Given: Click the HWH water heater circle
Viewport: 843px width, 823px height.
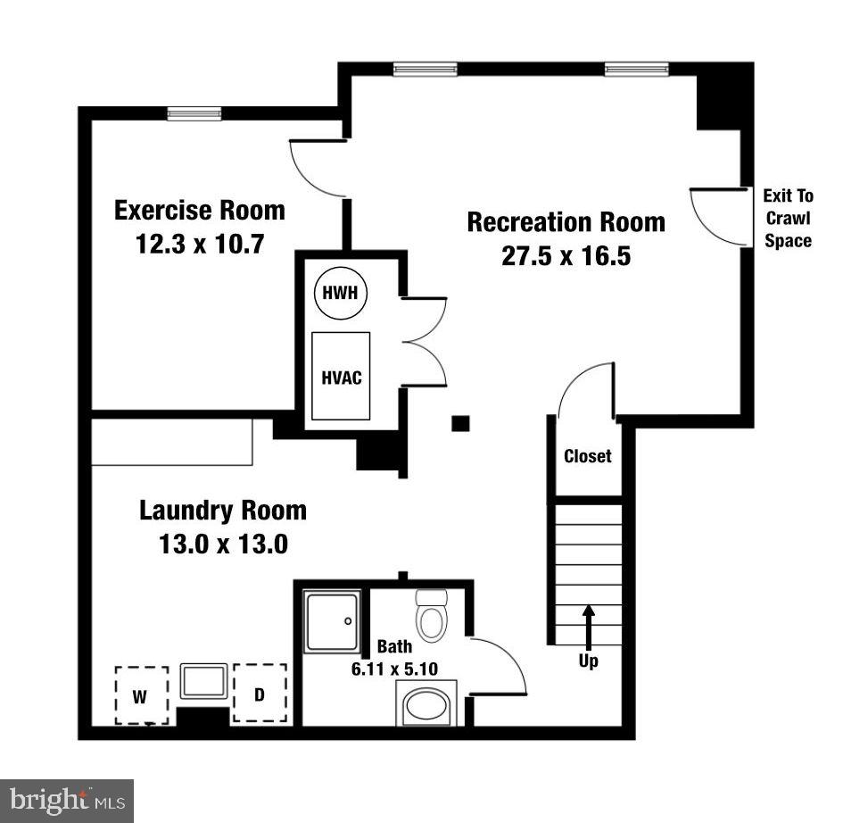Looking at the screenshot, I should click(x=342, y=292).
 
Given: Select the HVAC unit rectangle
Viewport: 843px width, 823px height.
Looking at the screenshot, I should click(x=341, y=376).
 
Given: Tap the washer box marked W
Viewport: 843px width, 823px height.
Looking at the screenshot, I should click(x=141, y=695).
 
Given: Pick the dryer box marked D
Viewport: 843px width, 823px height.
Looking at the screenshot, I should click(x=260, y=693).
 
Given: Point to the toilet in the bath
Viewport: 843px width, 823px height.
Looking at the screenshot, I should click(x=432, y=616).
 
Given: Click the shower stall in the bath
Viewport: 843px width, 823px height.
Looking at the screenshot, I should click(x=333, y=621).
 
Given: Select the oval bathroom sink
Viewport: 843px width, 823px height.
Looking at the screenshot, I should click(x=429, y=706).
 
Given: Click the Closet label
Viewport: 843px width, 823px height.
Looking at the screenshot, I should click(x=588, y=456).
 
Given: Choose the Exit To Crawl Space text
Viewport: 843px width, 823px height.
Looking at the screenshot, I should click(x=788, y=219).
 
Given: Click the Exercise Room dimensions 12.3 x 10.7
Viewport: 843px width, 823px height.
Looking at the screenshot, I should click(x=200, y=244).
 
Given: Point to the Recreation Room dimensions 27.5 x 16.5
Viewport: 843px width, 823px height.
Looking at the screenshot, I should click(x=566, y=255).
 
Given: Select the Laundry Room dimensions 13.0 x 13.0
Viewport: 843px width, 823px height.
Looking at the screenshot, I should click(x=223, y=544).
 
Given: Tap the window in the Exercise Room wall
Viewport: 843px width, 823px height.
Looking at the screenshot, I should click(x=194, y=113).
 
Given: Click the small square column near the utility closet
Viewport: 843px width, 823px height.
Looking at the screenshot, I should click(x=460, y=423).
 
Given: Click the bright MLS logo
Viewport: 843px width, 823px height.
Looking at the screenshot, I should click(x=67, y=800).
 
